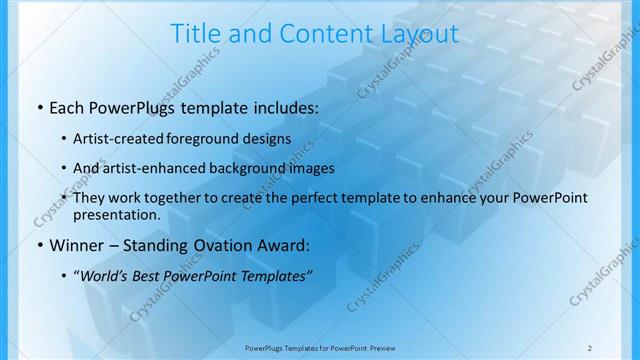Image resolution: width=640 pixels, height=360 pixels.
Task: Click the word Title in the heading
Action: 195,34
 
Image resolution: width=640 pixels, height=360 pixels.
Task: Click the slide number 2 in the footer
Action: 589,346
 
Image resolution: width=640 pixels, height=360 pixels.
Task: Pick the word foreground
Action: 202,138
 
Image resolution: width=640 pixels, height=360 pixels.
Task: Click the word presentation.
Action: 116,214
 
